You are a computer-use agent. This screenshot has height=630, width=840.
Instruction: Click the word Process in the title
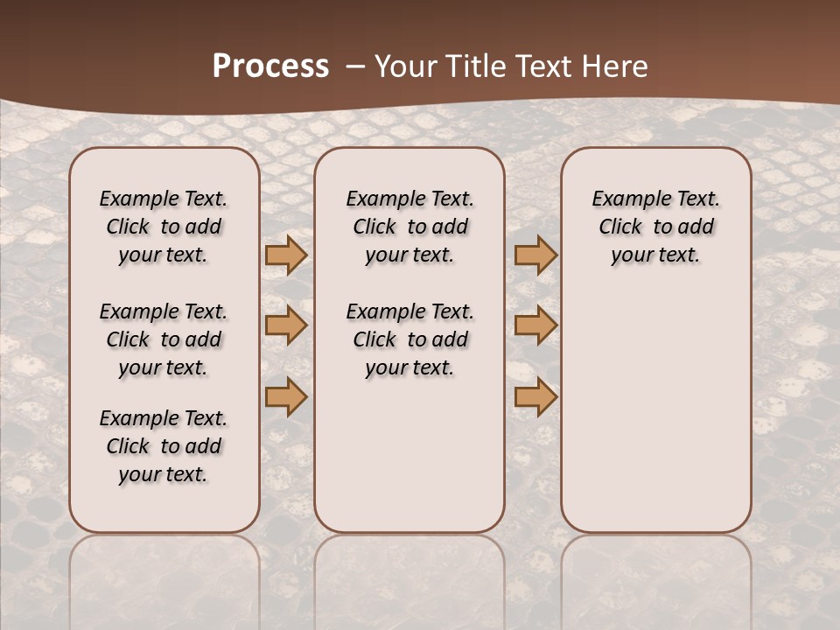coord(270,66)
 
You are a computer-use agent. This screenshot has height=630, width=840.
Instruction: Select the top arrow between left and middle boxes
coord(286,255)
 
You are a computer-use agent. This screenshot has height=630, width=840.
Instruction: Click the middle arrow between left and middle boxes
coord(286,325)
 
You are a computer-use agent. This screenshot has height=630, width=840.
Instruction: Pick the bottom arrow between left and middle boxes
coord(286,396)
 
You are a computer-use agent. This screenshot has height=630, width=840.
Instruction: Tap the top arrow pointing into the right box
coord(535,255)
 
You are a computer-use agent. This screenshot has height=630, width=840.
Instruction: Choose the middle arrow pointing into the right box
coord(535,325)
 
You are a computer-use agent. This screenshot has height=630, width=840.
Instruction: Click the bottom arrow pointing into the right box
coord(535,396)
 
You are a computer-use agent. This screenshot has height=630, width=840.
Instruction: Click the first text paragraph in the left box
coord(164,227)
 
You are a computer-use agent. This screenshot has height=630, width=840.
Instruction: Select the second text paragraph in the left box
coord(164,339)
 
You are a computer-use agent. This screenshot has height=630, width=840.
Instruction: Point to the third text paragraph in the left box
coord(164,446)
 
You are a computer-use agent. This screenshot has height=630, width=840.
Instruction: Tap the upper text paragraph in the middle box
coord(409,227)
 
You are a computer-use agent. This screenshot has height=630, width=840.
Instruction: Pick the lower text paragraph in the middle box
coord(409,339)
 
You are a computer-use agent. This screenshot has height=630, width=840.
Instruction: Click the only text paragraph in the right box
coord(655,227)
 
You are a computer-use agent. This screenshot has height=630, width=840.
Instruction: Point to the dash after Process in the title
coord(354,66)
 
